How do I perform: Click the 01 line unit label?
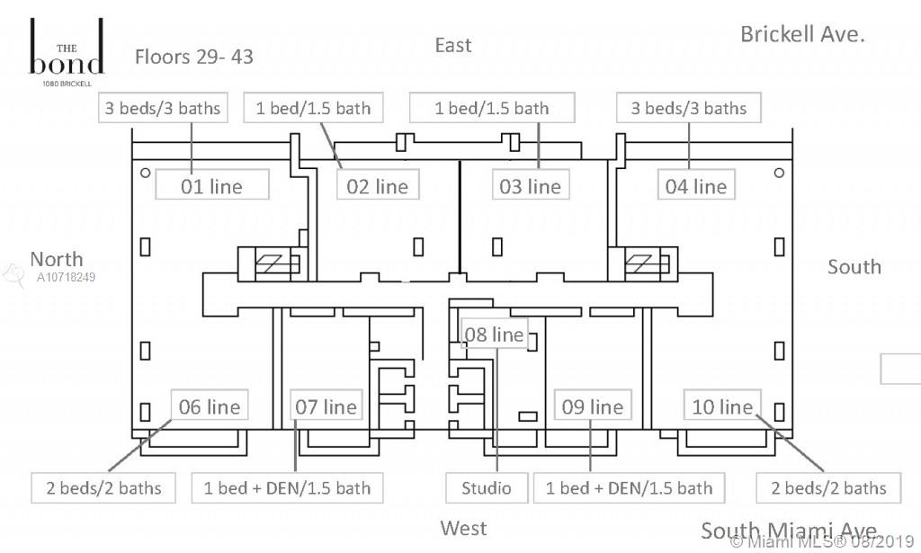tap(212, 186)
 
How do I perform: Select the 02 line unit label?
tap(378, 186)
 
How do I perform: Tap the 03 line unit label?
tap(531, 186)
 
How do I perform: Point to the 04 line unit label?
tap(695, 186)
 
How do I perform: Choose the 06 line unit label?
tap(210, 406)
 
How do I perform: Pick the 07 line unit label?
tap(326, 406)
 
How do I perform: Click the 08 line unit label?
tap(494, 334)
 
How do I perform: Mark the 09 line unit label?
tap(592, 406)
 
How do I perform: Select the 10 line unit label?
tap(722, 406)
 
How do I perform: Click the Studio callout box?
tap(487, 488)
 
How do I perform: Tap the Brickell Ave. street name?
tap(802, 34)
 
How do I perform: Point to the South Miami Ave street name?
tap(788, 530)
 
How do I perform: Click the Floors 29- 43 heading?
tap(194, 57)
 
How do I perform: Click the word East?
tap(453, 45)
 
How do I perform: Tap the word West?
tap(463, 528)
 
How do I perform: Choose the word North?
tap(56, 259)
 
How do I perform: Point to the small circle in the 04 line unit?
tap(779, 173)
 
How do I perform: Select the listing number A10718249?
tap(67, 277)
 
